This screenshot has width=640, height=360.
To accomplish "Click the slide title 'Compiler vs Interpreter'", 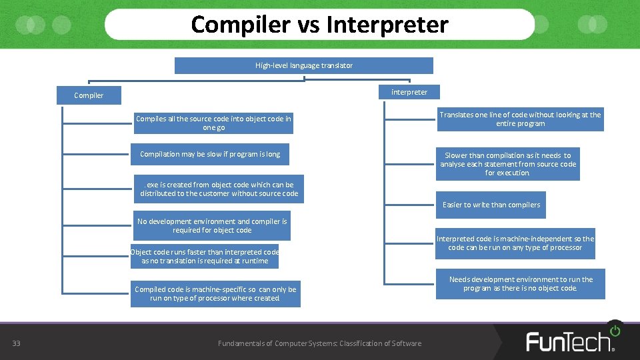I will click(x=319, y=25).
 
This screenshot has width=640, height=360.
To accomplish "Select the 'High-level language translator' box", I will click(x=304, y=65).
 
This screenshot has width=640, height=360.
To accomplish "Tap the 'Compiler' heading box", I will click(x=89, y=95).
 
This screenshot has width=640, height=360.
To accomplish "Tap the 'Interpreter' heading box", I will click(x=409, y=92).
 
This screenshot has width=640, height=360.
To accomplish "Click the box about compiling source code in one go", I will click(x=213, y=123).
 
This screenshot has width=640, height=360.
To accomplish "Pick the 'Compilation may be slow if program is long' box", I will click(x=210, y=155).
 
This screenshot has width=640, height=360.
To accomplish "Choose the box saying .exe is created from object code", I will click(x=219, y=189).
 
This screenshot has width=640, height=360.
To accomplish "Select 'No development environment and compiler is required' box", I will click(x=212, y=226).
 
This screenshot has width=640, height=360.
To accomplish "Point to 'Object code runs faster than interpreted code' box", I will click(x=205, y=257).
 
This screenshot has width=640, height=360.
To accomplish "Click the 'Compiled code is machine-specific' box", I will click(x=215, y=294).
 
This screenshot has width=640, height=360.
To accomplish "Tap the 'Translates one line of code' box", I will click(x=520, y=119).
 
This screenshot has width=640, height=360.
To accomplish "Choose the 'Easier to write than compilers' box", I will click(x=491, y=205).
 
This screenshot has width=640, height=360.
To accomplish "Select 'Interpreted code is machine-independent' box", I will click(x=515, y=243).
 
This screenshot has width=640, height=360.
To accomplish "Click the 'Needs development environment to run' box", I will click(x=521, y=284).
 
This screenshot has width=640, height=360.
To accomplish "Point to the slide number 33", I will click(x=17, y=343).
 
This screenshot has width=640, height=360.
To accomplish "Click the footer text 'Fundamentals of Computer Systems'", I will click(x=319, y=343).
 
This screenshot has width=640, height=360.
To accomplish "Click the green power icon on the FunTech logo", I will click(x=614, y=330).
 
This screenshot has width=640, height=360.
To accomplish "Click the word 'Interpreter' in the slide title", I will click(x=387, y=25).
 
